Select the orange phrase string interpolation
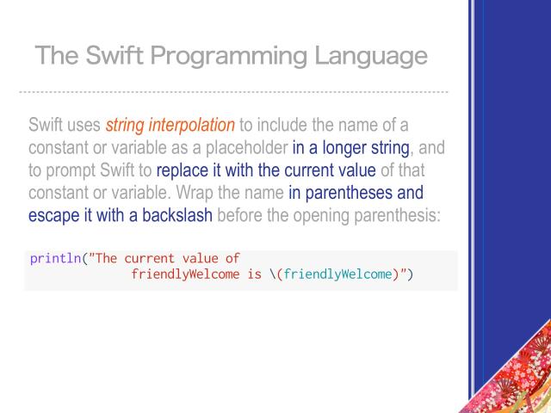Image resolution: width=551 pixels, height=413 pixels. pos(170,126)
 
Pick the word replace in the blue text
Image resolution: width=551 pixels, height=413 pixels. pos(183,170)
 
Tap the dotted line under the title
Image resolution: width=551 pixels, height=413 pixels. pos(232,91)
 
